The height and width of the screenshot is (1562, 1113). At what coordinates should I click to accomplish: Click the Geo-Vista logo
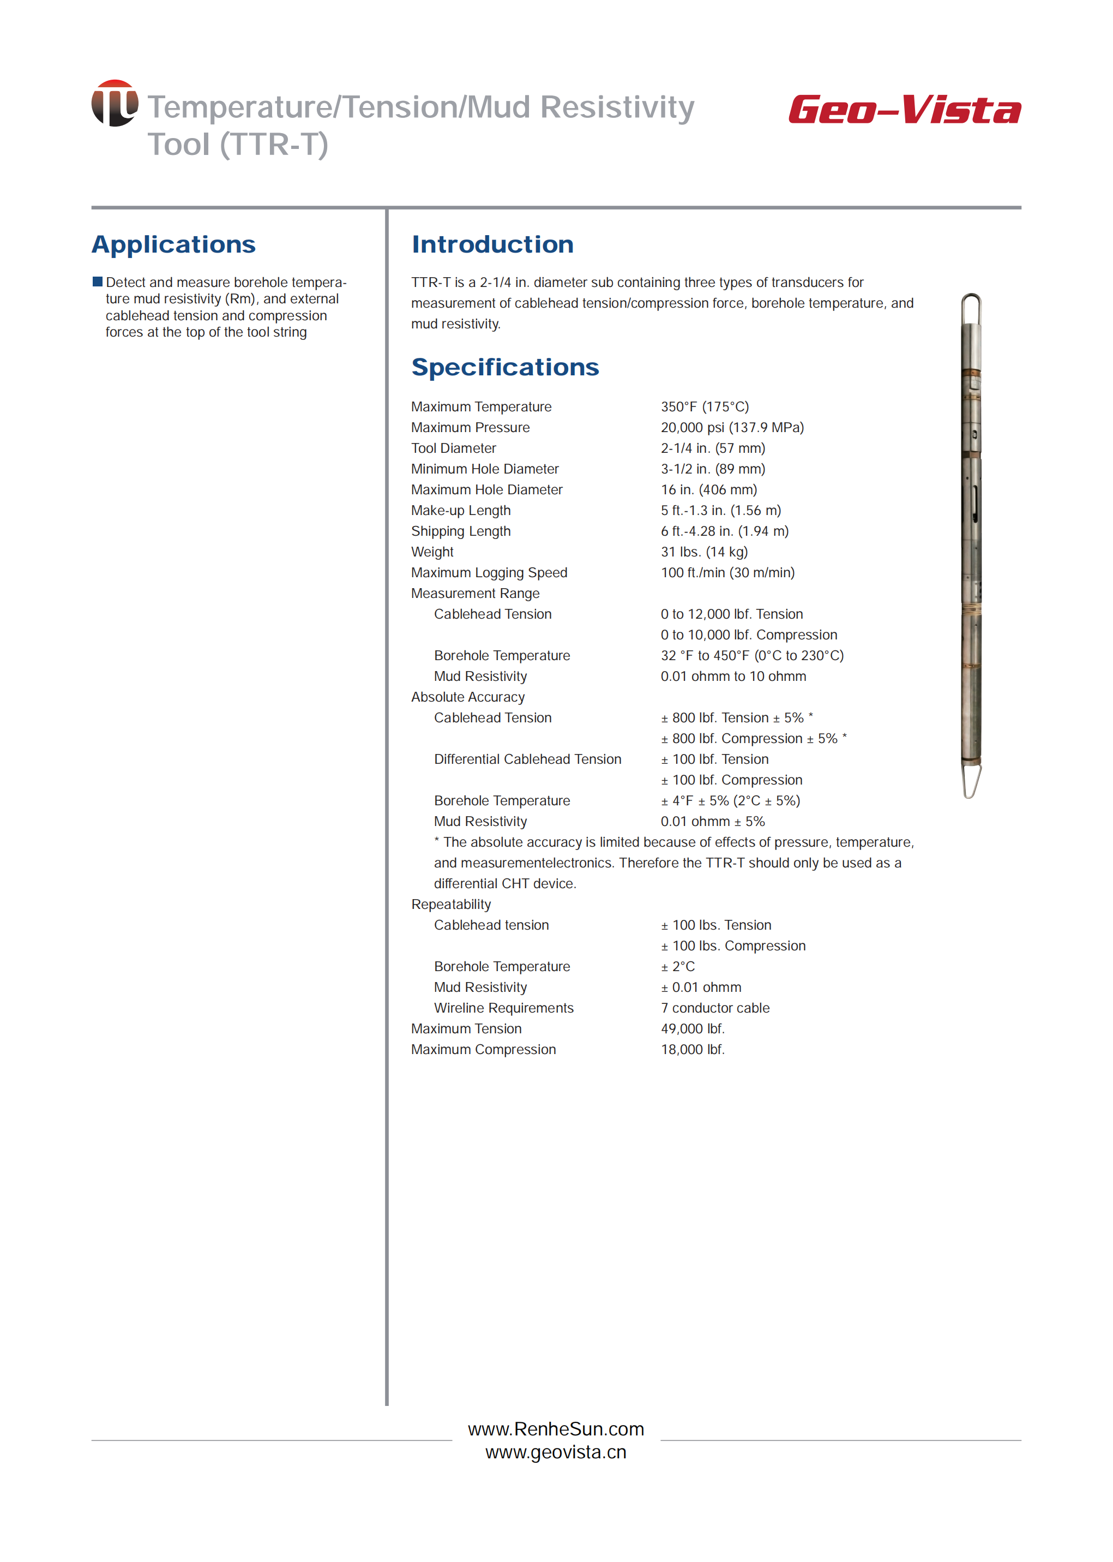[x=904, y=110]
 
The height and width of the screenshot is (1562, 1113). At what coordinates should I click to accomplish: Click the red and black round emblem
[x=115, y=103]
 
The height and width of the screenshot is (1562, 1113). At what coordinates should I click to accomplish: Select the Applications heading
[x=173, y=245]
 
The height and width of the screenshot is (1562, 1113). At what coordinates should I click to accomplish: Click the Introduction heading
[x=492, y=245]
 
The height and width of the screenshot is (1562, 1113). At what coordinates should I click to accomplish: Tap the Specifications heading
[x=504, y=368]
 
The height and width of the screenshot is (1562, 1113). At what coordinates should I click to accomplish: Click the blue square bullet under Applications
[x=97, y=282]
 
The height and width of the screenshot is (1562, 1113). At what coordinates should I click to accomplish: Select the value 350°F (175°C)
[x=705, y=406]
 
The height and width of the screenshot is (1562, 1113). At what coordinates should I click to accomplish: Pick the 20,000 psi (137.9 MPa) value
[x=732, y=427]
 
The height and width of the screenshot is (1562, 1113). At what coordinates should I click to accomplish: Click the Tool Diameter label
[x=453, y=448]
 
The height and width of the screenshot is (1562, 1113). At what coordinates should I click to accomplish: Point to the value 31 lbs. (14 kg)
[x=704, y=552]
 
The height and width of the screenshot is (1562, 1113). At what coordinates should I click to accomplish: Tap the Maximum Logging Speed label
[x=489, y=572]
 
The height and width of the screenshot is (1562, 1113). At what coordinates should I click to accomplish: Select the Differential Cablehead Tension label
[x=527, y=759]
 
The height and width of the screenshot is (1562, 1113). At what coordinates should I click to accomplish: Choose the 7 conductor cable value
[x=715, y=1008]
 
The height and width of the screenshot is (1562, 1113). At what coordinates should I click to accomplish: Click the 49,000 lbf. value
[x=692, y=1028]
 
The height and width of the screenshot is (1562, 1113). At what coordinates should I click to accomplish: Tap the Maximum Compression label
[x=483, y=1050]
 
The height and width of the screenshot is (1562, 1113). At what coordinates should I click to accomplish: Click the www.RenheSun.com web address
[x=556, y=1429]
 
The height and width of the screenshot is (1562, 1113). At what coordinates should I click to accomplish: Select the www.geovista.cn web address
[x=556, y=1452]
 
